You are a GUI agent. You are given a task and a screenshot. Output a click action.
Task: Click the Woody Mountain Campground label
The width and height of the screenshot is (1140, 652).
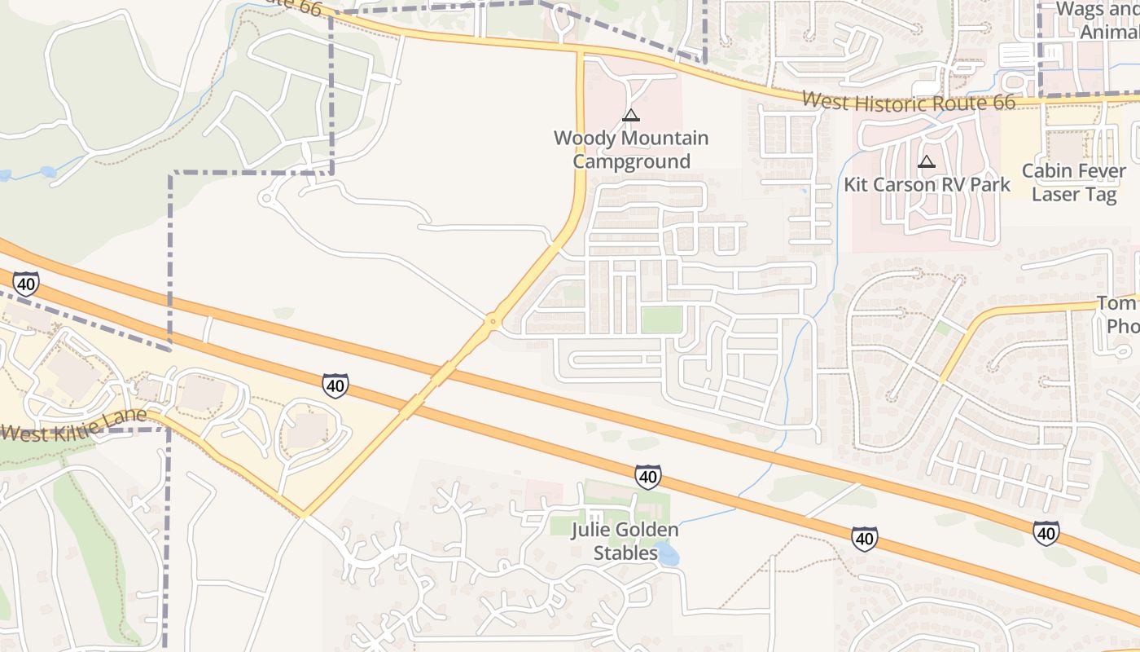pyautogui.click(x=631, y=149)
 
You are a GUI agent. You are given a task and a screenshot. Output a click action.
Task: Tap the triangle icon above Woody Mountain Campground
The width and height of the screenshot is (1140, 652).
pyautogui.click(x=631, y=115)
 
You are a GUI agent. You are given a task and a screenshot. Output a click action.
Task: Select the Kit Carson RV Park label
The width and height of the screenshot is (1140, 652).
pyautogui.click(x=927, y=184)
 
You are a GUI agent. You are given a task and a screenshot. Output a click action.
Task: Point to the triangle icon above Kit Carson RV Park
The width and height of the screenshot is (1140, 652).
pyautogui.click(x=926, y=161)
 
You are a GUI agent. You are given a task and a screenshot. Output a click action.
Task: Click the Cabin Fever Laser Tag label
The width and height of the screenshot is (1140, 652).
pyautogui.click(x=1074, y=183)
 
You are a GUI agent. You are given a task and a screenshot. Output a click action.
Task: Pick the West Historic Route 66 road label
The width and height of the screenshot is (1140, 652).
pyautogui.click(x=908, y=101)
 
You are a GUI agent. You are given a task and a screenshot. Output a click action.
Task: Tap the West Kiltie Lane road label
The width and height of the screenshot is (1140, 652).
pyautogui.click(x=73, y=425)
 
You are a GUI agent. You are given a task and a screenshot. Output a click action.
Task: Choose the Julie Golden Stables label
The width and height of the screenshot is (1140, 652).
pyautogui.click(x=625, y=541)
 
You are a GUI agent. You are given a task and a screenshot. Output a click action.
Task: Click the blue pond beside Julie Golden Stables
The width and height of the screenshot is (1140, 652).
pyautogui.click(x=669, y=556)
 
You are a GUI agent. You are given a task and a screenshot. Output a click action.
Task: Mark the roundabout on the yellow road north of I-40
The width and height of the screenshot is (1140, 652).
pyautogui.click(x=492, y=322)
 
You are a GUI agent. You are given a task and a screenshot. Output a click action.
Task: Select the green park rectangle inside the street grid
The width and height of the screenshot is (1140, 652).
pyautogui.click(x=660, y=319)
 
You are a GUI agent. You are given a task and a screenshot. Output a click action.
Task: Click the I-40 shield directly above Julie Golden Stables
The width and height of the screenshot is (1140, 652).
pyautogui.click(x=648, y=476)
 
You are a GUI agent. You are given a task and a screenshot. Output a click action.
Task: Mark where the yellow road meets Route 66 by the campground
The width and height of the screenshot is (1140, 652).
pyautogui.click(x=581, y=51)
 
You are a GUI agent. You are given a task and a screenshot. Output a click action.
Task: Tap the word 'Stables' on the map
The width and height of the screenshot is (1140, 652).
pyautogui.click(x=625, y=553)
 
